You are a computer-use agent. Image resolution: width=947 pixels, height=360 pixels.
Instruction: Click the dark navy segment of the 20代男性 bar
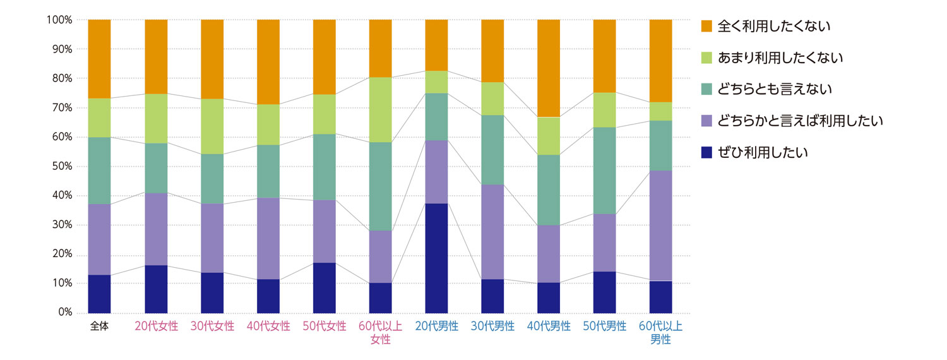coord(436,258)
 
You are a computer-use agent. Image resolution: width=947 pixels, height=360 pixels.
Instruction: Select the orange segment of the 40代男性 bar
coord(549,68)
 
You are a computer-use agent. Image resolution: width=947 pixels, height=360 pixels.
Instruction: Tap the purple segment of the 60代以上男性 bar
coord(661,225)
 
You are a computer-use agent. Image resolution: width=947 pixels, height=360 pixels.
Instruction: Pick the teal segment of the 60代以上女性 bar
coord(380,186)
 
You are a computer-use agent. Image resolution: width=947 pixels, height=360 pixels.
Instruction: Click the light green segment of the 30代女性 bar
coord(212,126)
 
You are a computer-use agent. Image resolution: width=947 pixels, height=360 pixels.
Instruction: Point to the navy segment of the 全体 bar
coord(99,294)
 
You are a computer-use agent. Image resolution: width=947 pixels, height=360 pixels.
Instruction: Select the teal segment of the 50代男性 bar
coord(605,171)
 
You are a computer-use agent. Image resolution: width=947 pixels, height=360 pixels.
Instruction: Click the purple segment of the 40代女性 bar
coord(268,238)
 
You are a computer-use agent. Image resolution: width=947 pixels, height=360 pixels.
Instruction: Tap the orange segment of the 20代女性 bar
coord(156,56)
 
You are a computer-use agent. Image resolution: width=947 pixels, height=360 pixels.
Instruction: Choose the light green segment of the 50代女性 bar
coord(325,114)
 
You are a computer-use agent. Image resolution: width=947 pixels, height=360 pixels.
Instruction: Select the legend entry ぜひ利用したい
coord(763,152)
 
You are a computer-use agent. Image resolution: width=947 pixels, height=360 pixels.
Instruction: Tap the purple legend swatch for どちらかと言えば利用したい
coord(706,121)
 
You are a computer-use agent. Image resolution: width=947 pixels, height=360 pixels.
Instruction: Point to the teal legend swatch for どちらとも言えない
coord(706,89)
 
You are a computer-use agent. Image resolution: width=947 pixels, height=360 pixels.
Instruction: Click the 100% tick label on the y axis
coord(59,20)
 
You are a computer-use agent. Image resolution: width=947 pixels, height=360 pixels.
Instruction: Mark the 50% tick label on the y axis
coord(62,167)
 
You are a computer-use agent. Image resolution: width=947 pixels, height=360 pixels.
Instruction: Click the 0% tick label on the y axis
coord(64,313)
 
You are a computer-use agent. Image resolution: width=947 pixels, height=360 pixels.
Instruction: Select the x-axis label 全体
coord(99,327)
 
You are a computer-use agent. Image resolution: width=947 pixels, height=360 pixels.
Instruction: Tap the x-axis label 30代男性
coord(492,327)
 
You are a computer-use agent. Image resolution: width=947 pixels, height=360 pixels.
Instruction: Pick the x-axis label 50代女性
coord(325,327)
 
